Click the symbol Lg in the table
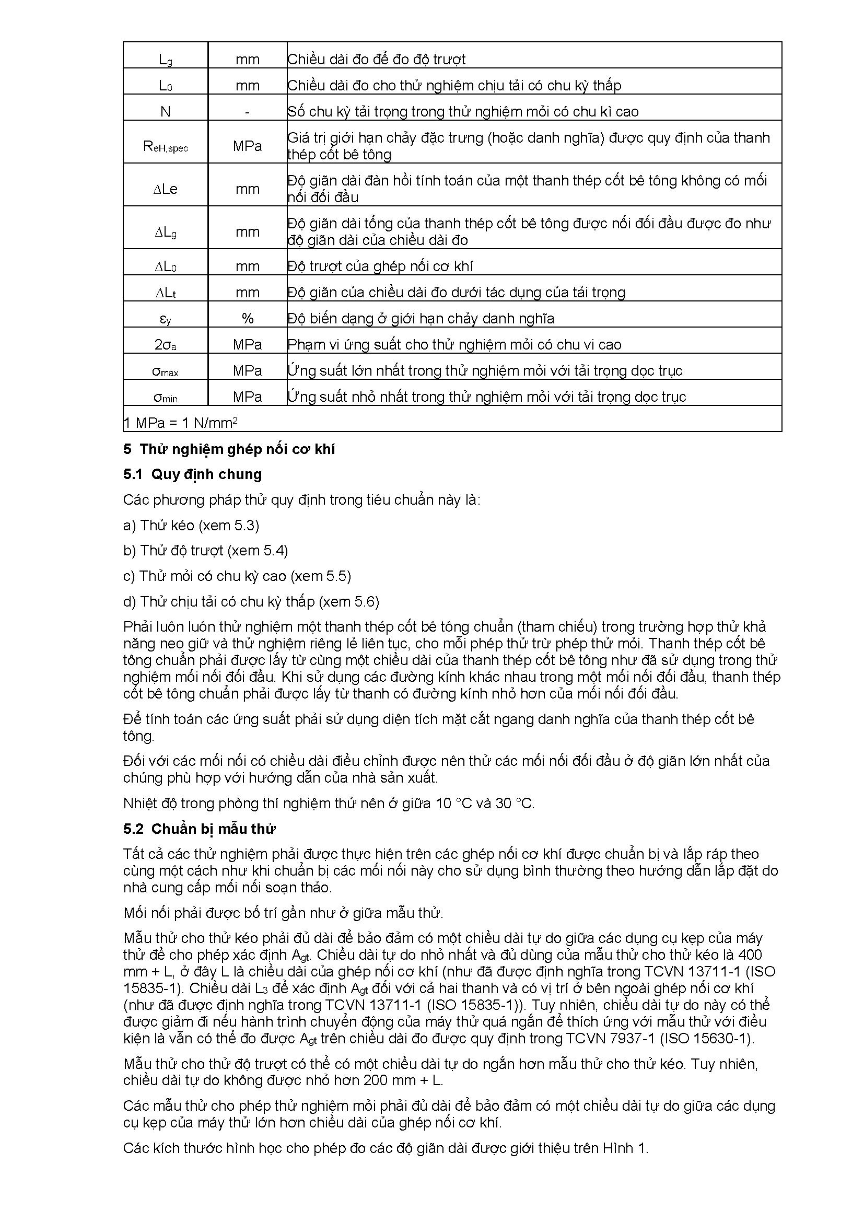coord(166,60)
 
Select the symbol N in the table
coord(166,112)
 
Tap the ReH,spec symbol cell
coord(166,146)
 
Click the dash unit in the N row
coord(248,112)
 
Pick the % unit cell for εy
coord(248,319)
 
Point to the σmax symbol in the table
coord(166,371)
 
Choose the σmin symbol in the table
coord(166,398)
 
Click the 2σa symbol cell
coord(166,345)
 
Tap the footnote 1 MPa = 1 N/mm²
coord(180,423)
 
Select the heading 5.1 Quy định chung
coord(193,474)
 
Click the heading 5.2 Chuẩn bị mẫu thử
coord(200,829)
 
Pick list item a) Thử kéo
coord(191,525)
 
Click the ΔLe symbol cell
coord(166,190)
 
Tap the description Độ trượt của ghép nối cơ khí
coord(380,266)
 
